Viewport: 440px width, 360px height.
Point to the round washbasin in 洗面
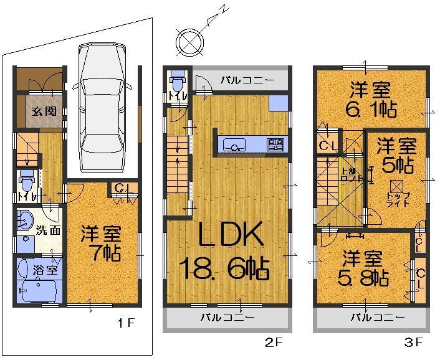pos(26,220)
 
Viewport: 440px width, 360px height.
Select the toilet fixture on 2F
pos(178,82)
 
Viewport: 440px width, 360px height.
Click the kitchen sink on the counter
pos(236,146)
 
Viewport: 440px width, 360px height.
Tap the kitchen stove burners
pos(275,145)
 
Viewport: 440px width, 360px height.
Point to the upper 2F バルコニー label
pos(246,80)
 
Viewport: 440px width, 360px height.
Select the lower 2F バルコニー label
pos(227,317)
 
